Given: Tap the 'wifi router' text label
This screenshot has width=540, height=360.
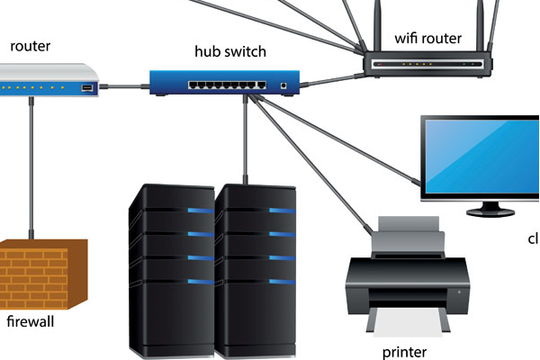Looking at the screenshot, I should point(428,39).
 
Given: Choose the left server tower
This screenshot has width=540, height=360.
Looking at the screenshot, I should point(171,270).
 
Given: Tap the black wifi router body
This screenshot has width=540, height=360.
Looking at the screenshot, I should point(428,64).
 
